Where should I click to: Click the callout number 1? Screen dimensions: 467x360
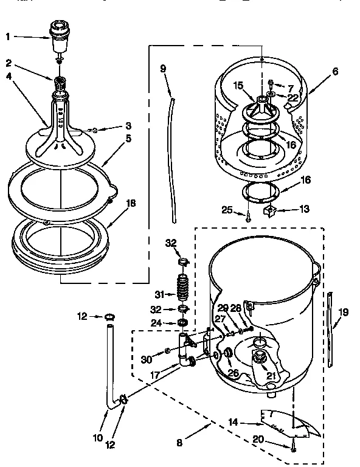(8, 36)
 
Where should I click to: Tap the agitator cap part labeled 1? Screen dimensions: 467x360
(58, 36)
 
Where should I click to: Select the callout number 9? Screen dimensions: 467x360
(163, 69)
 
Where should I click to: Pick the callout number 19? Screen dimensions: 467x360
(344, 313)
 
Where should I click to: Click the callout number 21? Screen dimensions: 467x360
(271, 376)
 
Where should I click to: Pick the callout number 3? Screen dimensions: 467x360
(128, 126)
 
